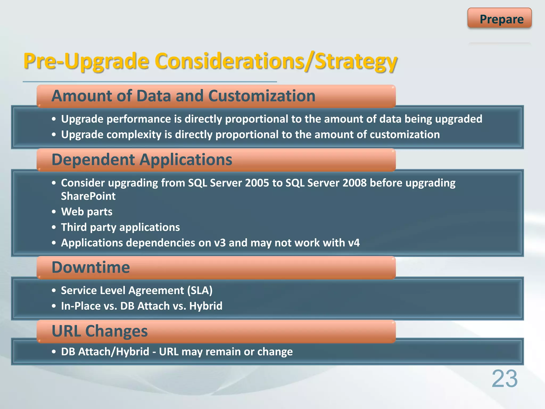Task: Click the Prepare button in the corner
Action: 499,18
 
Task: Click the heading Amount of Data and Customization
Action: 183,96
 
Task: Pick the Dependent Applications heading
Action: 142,160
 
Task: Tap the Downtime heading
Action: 91,267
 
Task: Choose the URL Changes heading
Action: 100,331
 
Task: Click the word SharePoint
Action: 88,196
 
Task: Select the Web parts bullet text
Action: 87,212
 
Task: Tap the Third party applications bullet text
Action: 120,227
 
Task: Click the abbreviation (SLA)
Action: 200,291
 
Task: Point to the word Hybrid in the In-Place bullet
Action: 206,306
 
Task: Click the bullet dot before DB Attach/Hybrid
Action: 54,352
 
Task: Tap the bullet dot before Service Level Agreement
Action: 54,291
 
